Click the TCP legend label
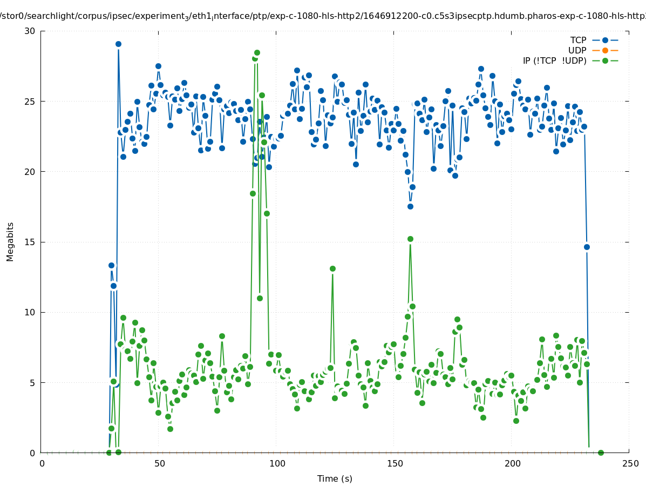click(578, 40)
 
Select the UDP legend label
click(577, 50)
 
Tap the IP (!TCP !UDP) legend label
click(554, 60)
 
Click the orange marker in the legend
click(605, 50)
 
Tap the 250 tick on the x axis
click(629, 463)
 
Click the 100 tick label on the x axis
click(277, 463)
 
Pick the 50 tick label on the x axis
click(159, 463)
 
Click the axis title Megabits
click(10, 241)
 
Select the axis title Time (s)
click(335, 478)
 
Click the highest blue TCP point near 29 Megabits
click(118, 44)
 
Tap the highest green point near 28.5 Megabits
click(257, 52)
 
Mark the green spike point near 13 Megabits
click(332, 268)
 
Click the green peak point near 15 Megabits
click(410, 239)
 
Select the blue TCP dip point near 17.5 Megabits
click(410, 206)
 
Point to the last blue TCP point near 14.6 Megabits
click(587, 247)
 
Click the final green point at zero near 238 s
click(601, 453)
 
